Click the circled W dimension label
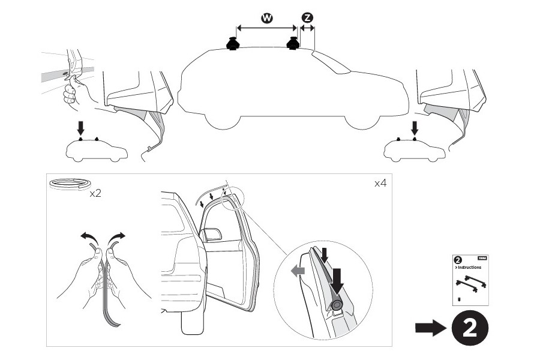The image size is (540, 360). pyautogui.click(x=267, y=18)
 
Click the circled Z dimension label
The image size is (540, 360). pyautogui.click(x=307, y=18)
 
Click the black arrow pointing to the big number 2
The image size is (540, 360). pyautogui.click(x=429, y=328)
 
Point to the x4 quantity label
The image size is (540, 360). pyautogui.click(x=380, y=184)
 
